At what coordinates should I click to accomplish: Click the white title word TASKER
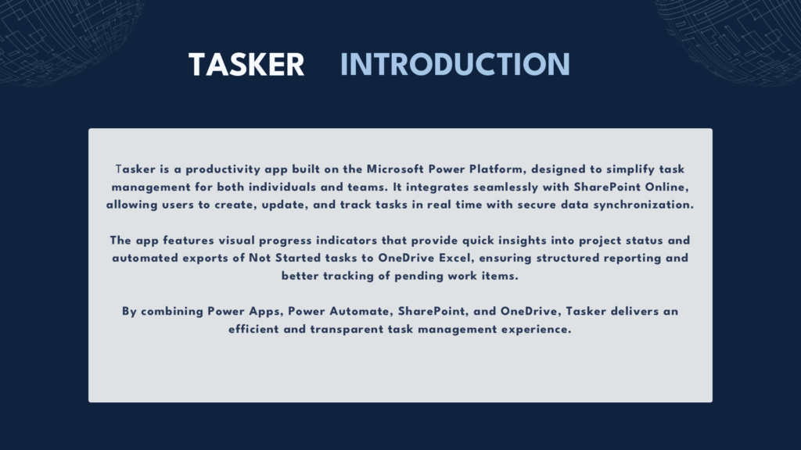(x=246, y=65)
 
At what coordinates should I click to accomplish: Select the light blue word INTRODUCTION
(x=455, y=65)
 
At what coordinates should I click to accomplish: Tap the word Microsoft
(x=395, y=169)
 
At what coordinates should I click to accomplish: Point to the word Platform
(x=498, y=170)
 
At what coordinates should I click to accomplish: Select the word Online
(x=666, y=187)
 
